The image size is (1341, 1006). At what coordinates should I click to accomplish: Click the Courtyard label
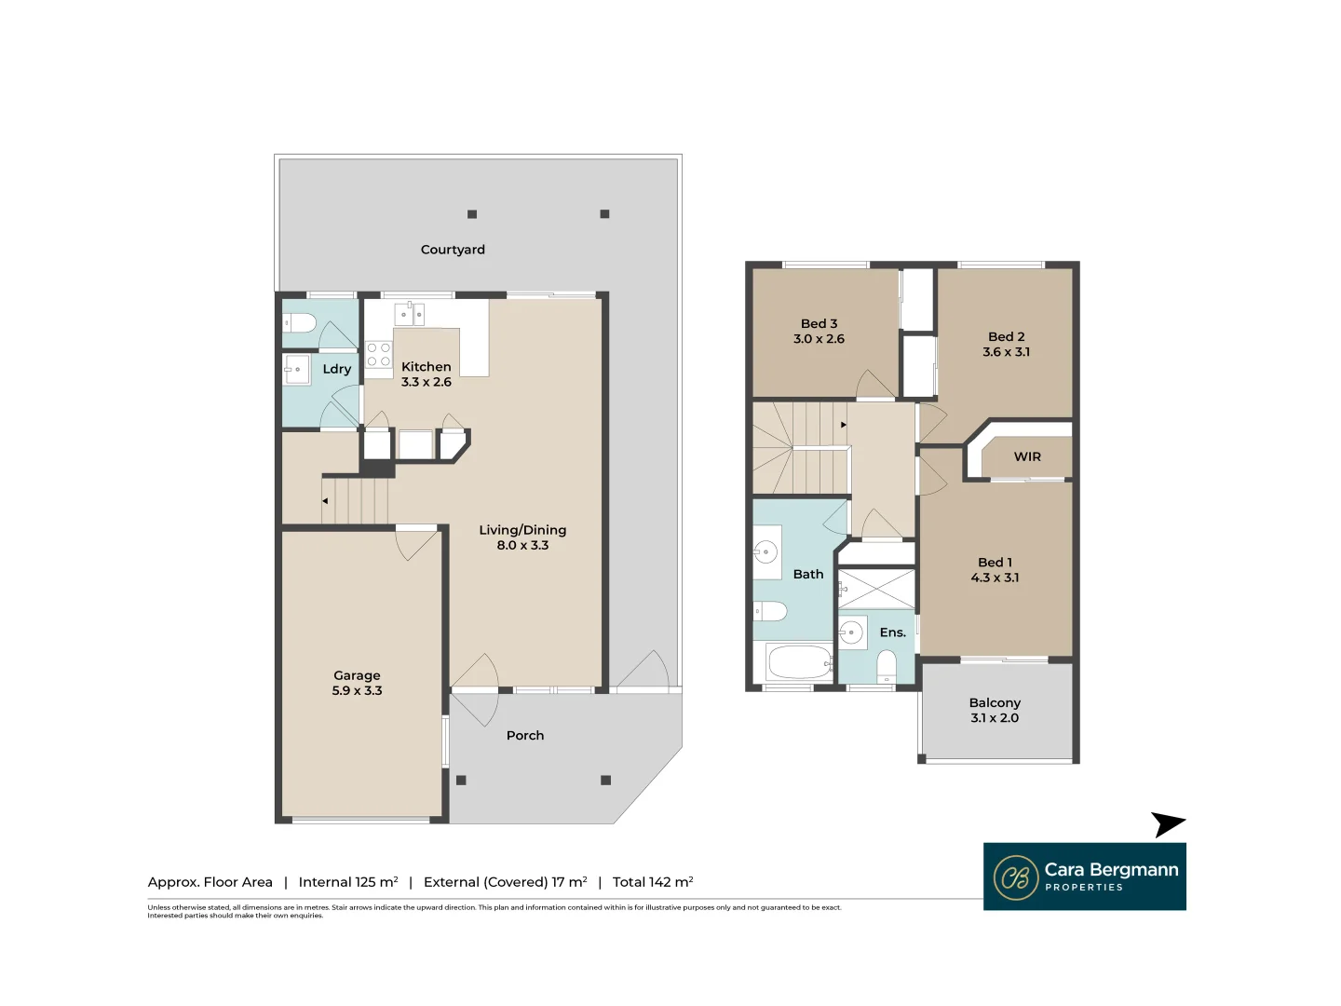(453, 250)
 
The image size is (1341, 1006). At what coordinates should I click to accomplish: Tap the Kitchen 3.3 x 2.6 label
(427, 374)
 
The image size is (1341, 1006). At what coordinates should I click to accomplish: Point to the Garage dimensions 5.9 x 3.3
(357, 691)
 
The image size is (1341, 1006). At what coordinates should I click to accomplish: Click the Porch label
(525, 736)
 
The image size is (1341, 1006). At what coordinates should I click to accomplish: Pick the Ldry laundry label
(337, 369)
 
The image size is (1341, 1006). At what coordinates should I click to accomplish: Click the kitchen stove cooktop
(378, 355)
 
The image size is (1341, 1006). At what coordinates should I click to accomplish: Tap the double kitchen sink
(410, 314)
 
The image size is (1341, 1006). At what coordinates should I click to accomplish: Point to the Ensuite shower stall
(876, 589)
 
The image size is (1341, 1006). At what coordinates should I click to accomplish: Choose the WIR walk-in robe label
(1027, 456)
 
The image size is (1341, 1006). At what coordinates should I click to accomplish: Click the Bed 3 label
(819, 324)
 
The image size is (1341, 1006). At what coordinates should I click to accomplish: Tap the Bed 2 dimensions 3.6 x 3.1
(1007, 352)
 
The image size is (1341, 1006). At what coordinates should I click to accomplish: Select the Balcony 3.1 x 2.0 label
(995, 710)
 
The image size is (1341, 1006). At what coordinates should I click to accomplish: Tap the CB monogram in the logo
(1016, 877)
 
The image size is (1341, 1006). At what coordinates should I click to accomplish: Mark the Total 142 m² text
(653, 882)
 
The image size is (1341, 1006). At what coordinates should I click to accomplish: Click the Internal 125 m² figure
(348, 882)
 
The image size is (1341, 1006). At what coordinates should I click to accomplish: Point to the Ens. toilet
(887, 666)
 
